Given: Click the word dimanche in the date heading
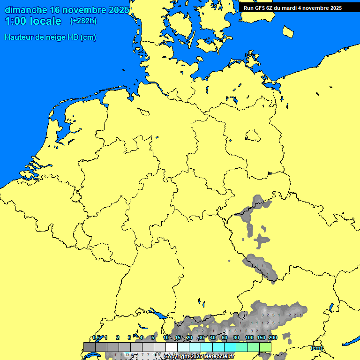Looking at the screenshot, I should click(26, 10).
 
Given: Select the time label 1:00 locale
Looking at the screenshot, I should click(33, 21).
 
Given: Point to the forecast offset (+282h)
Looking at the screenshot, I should click(83, 21).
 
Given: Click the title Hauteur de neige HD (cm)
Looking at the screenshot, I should click(50, 37).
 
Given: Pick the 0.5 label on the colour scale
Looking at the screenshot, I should click(96, 337).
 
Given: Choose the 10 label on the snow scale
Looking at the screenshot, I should click(166, 337).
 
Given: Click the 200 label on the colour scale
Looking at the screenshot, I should click(273, 337).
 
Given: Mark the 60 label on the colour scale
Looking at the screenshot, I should click(225, 337).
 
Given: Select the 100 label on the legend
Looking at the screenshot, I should click(249, 337).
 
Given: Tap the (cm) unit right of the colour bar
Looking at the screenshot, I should click(316, 348).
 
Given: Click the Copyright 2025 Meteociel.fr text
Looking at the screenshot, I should click(199, 357).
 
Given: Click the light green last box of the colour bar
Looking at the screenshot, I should click(265, 347).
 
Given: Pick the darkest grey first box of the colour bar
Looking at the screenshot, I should click(90, 347).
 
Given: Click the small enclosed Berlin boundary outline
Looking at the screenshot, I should click(253, 136).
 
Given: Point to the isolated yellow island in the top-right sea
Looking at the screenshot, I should click(288, 31).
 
